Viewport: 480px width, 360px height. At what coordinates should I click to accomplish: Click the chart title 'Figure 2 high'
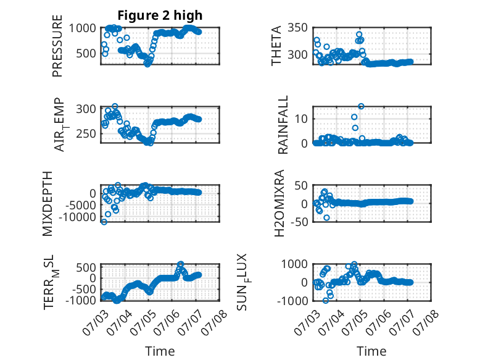[x=160, y=15]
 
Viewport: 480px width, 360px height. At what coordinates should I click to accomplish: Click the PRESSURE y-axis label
[x=57, y=46]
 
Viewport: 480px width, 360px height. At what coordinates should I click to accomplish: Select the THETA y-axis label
[x=276, y=46]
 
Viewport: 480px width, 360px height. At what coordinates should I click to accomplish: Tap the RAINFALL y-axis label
[x=283, y=125]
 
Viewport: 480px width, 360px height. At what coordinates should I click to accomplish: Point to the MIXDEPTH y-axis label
[x=48, y=204]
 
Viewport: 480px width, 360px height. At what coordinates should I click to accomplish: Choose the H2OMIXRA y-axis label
[x=279, y=203]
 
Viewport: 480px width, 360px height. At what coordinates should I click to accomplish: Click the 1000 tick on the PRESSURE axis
[x=82, y=28]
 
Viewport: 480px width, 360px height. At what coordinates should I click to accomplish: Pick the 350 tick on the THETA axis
[x=297, y=28]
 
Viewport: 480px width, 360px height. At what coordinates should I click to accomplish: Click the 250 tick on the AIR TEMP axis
[x=86, y=133]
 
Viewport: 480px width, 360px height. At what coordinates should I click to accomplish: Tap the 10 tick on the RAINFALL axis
[x=301, y=119]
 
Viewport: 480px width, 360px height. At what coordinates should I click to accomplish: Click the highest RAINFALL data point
[x=361, y=106]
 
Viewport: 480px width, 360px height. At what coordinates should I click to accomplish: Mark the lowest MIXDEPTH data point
[x=104, y=222]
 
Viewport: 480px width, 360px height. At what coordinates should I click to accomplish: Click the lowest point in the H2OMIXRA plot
[x=326, y=217]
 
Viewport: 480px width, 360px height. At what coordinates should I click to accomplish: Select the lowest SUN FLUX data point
[x=325, y=301]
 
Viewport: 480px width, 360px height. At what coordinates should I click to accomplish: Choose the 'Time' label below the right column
[x=371, y=351]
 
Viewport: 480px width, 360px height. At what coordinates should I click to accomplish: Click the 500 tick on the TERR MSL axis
[x=86, y=267]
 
